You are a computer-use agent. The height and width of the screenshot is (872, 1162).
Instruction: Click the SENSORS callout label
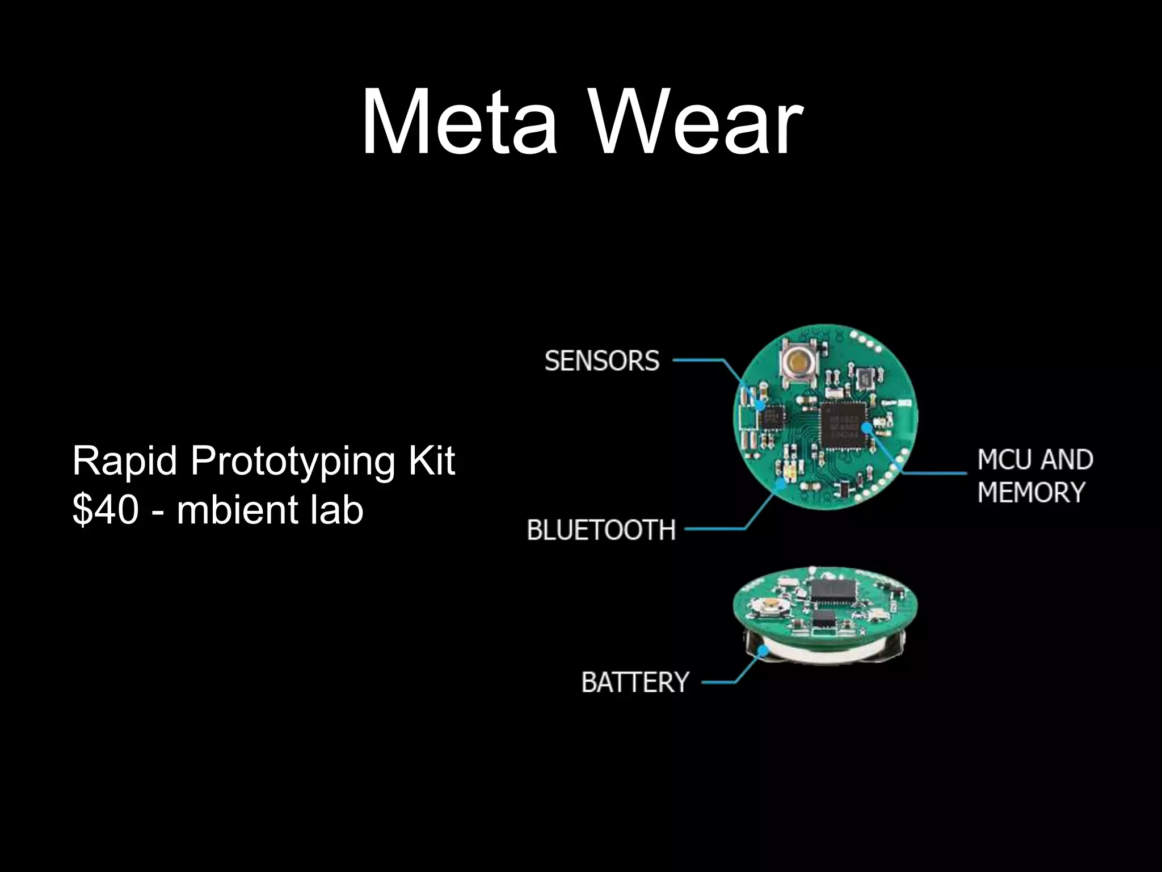click(602, 360)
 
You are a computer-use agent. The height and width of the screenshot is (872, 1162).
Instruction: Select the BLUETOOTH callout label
click(601, 530)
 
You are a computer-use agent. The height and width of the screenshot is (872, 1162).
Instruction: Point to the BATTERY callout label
click(635, 682)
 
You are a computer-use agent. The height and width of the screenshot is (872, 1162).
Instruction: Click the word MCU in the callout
click(1005, 460)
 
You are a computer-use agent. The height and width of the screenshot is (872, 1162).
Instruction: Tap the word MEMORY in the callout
click(1031, 492)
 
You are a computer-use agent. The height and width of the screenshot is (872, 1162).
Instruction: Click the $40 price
click(106, 509)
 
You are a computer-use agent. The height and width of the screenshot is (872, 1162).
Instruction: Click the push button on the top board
click(798, 360)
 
